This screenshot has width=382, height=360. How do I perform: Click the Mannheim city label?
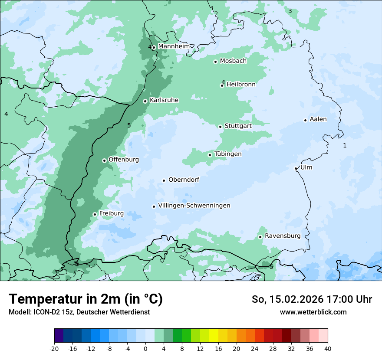click(174, 46)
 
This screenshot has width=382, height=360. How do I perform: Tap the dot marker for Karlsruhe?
click(145, 101)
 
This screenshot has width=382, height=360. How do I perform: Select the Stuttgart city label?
click(238, 126)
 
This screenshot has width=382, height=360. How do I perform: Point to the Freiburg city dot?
click(95, 214)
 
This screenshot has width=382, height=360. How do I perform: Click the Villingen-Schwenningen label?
click(194, 206)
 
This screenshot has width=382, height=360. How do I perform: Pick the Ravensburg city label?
click(283, 236)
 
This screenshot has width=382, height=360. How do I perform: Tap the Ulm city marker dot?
click(296, 168)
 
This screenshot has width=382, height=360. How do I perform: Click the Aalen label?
click(318, 119)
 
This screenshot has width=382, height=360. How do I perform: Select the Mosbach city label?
click(233, 61)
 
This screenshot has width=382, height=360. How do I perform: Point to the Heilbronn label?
click(241, 85)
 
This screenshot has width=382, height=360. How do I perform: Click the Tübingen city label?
click(228, 154)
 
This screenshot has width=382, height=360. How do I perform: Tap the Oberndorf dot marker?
click(164, 180)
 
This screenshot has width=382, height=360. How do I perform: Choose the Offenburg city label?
click(124, 160)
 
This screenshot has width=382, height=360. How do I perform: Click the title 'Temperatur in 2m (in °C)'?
click(86, 299)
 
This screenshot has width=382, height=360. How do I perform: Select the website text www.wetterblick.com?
click(313, 312)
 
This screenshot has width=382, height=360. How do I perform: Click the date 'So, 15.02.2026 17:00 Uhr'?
click(312, 299)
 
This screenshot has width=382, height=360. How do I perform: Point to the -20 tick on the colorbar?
click(54, 348)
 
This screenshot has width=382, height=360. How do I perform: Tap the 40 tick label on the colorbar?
click(327, 348)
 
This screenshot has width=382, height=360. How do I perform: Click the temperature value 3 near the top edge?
click(290, 11)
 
